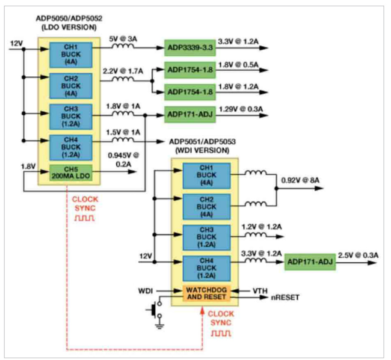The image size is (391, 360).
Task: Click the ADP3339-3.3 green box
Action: [x=190, y=47]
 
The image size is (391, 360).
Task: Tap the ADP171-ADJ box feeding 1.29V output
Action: [x=190, y=115]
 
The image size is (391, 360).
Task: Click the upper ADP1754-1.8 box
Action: [x=190, y=69]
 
